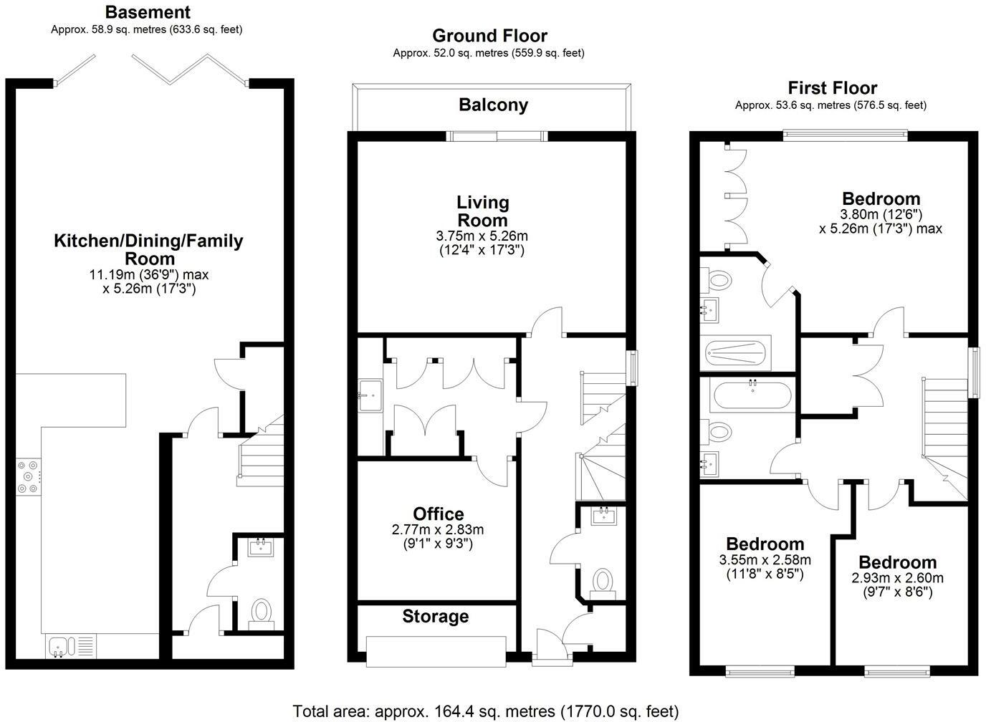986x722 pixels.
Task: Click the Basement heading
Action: pos(148,12)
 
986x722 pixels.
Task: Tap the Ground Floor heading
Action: pos(489,36)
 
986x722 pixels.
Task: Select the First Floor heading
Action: pos(832,88)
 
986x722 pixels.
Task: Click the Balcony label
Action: pos(493,105)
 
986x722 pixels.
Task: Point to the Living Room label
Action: pos(482,211)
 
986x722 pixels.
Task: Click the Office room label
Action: pos(438,514)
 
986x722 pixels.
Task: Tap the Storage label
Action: pos(435,616)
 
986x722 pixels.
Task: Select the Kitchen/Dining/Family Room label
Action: pos(148,249)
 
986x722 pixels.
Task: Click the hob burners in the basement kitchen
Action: pos(28,476)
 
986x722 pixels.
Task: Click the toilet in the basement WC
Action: pos(261,612)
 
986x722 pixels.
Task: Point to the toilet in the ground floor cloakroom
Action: pos(604,580)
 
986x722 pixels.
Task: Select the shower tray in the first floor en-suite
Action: pos(737,352)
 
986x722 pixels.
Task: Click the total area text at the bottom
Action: pos(485,711)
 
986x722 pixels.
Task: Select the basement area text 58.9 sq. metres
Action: pos(147,29)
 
